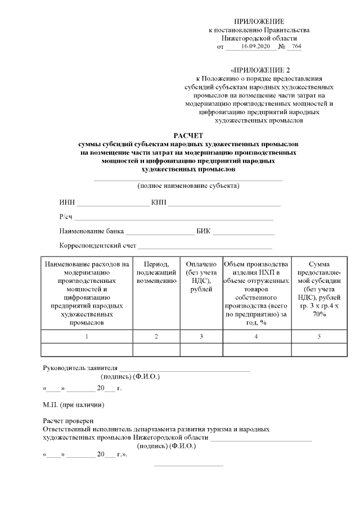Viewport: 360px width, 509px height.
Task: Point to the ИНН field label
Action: (x=67, y=202)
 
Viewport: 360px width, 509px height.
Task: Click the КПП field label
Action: (x=159, y=202)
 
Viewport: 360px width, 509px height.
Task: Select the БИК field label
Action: (x=203, y=231)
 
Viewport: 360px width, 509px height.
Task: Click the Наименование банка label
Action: (x=92, y=231)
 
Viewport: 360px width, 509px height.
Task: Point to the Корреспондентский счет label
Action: (x=98, y=246)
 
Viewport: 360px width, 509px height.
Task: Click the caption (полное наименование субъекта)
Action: (x=188, y=186)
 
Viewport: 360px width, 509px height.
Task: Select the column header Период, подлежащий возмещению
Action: (x=156, y=272)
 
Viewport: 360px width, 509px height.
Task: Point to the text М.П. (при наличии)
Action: (x=74, y=404)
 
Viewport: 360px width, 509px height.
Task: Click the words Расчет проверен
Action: (x=68, y=421)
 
